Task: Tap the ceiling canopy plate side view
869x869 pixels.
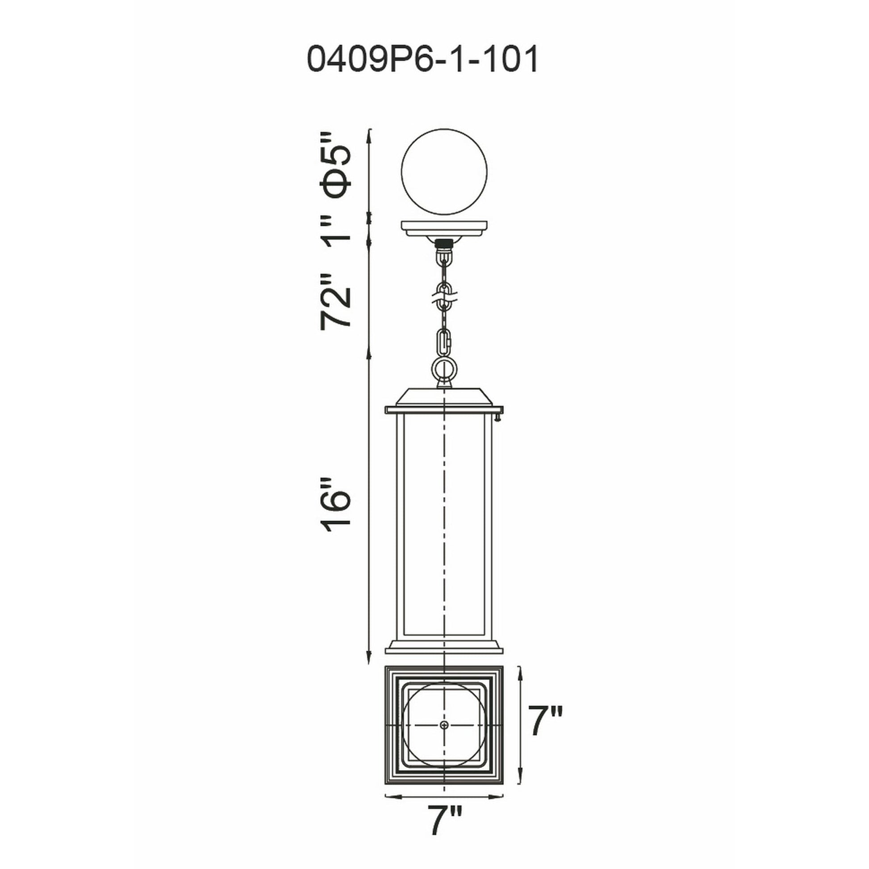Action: click(x=444, y=229)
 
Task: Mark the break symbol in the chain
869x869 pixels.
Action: click(x=444, y=297)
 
